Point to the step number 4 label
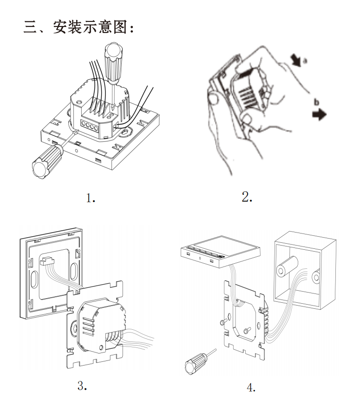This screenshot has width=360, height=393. tap(251, 386)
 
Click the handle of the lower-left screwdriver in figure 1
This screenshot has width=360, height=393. tap(44, 161)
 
